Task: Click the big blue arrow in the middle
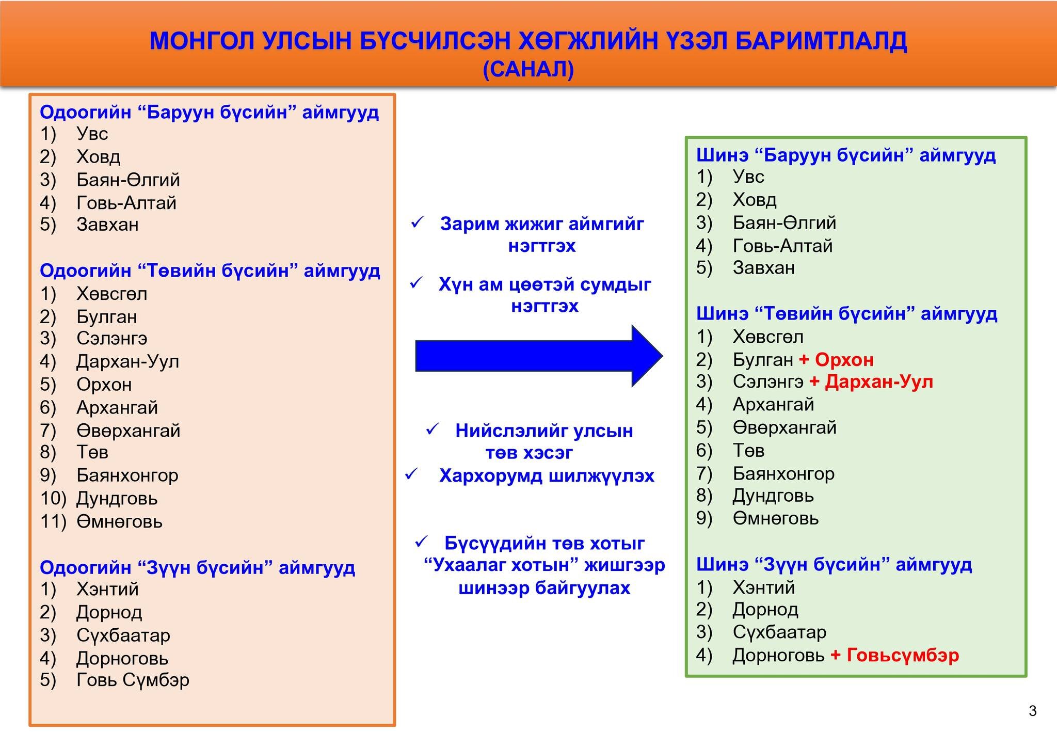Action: pos(539,356)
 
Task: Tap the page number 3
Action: pos(1032,711)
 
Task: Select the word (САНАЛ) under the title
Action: pos(528,69)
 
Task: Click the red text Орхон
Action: pos(844,359)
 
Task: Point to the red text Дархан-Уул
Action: pos(879,382)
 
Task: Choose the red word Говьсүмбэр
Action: pos(903,655)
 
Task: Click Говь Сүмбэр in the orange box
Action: pos(133,680)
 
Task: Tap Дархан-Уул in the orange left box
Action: pos(127,361)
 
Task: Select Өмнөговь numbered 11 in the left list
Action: pos(119,521)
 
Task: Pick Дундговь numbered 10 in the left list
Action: pos(117,499)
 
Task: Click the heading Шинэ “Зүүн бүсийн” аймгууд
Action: pos(834,564)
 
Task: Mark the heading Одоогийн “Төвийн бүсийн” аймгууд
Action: pos(210,270)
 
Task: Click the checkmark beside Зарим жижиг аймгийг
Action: pos(417,223)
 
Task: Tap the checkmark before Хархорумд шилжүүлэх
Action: pos(412,474)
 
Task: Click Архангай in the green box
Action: pos(773,405)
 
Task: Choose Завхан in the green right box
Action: pos(764,267)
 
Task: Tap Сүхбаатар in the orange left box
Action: pos(123,635)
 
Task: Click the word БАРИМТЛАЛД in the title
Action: pos(821,41)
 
